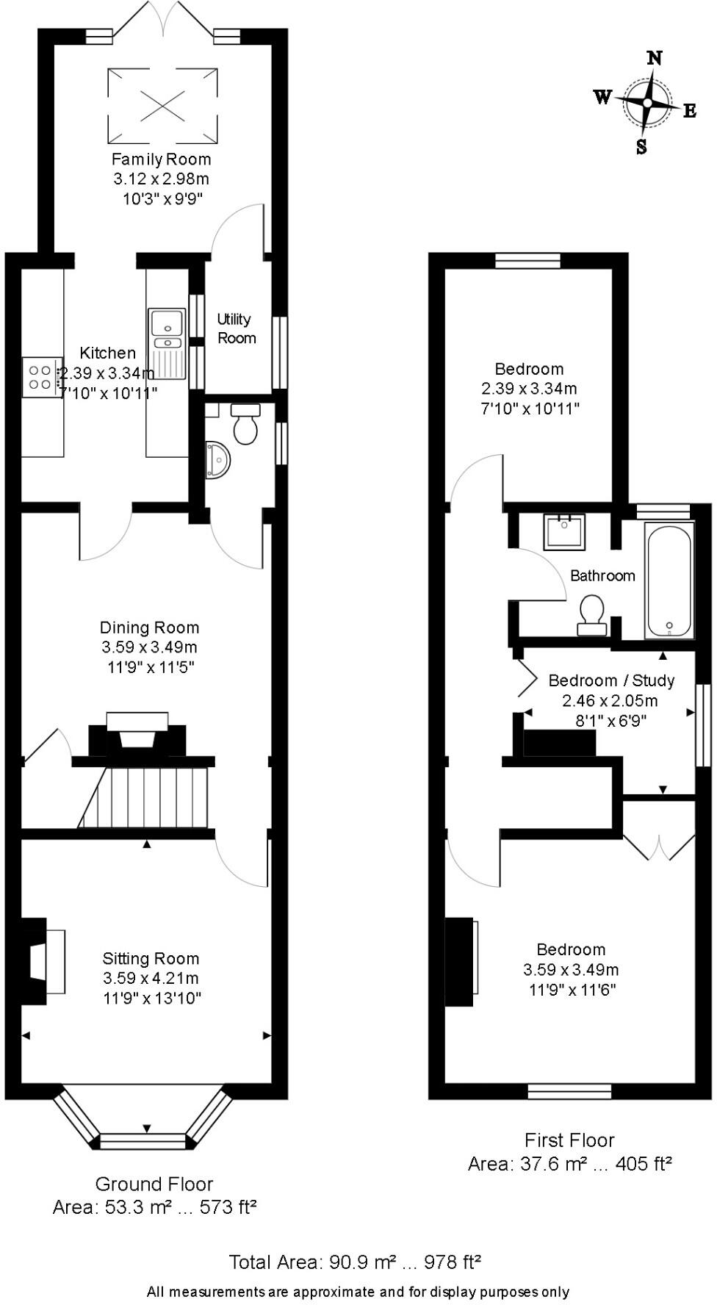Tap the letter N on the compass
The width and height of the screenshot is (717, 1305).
(x=654, y=58)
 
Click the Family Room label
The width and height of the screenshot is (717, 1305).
(x=161, y=159)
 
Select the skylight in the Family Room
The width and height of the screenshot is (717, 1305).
(x=162, y=105)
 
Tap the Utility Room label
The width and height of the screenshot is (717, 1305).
(x=236, y=328)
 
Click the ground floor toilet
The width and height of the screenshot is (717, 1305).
(x=245, y=424)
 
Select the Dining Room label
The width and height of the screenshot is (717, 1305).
(x=149, y=628)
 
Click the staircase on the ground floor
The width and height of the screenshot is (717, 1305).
(x=147, y=797)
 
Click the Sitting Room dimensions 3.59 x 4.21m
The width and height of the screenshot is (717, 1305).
(x=151, y=978)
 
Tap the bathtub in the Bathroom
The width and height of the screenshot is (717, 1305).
(x=669, y=580)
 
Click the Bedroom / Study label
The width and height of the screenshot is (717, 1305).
(x=611, y=680)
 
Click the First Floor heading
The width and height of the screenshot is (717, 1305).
(x=569, y=1140)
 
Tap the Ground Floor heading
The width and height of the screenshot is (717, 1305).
(x=154, y=1184)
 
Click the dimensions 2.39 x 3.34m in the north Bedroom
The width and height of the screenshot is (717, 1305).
(x=529, y=389)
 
